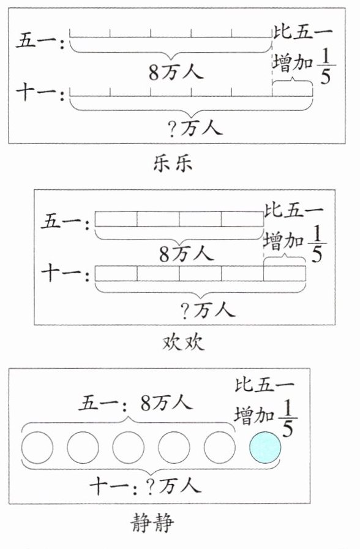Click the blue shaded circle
pos(265,447)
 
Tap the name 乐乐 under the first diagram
pos(173,163)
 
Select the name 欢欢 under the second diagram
pos(182,342)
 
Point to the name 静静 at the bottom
pos(152,523)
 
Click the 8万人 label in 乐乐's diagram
pos(176,73)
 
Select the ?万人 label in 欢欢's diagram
pos(208,309)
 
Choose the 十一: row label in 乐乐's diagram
pos(40,93)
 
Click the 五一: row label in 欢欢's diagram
pos(66,221)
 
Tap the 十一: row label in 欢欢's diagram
pos(66,273)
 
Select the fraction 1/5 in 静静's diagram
pos(288,419)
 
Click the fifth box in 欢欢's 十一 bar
pos(285,273)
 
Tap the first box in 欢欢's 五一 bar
pos(116,219)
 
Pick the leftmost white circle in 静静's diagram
pos(37,447)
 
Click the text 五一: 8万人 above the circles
pos(135,403)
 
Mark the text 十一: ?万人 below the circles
pos(145,486)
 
